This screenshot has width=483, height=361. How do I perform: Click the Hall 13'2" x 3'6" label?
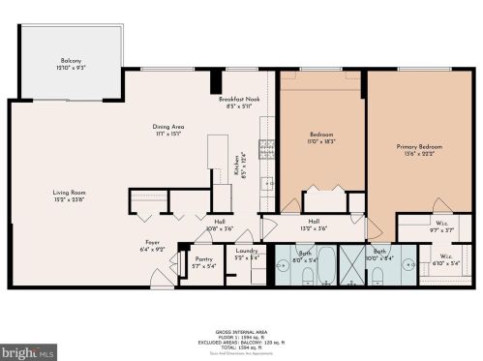(315, 225)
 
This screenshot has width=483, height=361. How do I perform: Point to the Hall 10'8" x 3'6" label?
(220, 225)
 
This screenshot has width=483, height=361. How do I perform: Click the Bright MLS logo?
(28, 350)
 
